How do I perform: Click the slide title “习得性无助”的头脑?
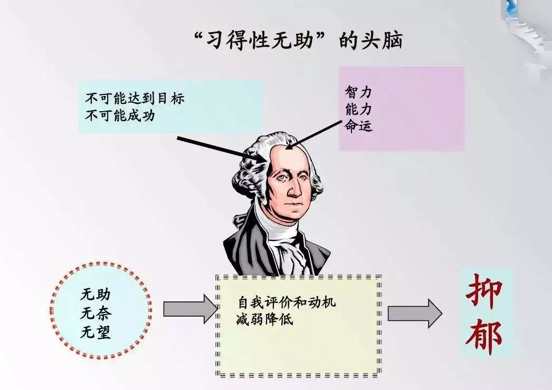click(298, 40)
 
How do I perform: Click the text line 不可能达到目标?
click(135, 98)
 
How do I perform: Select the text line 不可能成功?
click(120, 115)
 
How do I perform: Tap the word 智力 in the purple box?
click(358, 92)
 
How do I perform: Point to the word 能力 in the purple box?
click(358, 110)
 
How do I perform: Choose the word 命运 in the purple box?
click(358, 125)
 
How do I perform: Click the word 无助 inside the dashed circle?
click(95, 295)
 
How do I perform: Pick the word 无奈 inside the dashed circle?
click(95, 313)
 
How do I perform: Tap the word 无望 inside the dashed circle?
click(95, 331)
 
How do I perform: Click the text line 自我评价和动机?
click(287, 302)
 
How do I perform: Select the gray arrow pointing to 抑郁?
click(415, 314)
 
